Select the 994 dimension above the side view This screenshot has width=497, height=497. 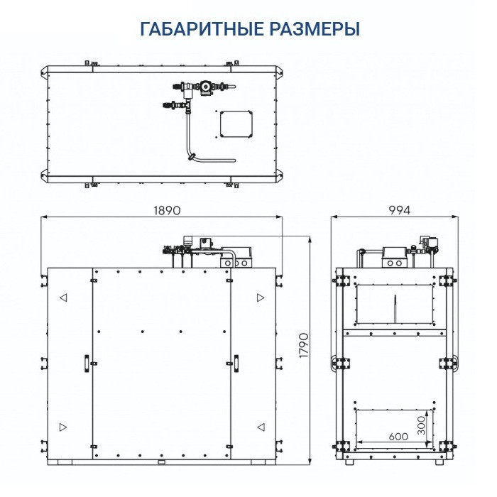click(400, 211)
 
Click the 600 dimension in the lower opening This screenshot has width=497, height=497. click(398, 436)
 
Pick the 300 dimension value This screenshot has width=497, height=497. click(422, 425)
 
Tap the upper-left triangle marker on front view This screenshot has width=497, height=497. click(63, 297)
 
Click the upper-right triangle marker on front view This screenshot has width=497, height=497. click(261, 297)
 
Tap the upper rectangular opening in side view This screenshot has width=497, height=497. click(393, 302)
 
